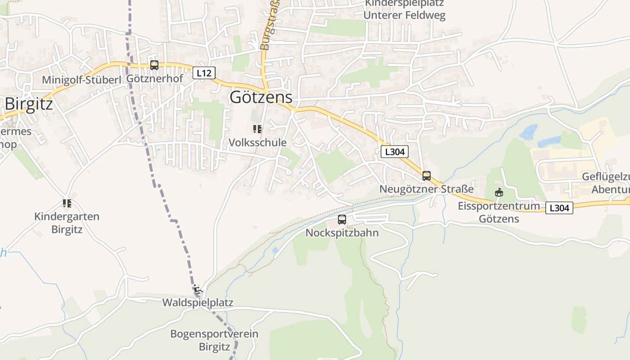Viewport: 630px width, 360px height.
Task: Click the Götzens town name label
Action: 261,97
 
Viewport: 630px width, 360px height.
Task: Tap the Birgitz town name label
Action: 29,104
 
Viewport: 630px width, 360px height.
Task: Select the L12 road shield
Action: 204,72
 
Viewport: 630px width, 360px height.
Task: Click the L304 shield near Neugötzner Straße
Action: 395,152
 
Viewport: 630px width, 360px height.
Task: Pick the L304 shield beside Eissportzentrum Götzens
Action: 559,208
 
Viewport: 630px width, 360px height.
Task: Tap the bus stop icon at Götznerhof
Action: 154,65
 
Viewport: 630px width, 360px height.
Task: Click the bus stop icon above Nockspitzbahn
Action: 342,220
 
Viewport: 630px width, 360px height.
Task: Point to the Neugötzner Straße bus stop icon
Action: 426,176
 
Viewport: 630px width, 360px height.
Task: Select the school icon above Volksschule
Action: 257,130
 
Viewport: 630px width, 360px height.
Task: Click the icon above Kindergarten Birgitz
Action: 67,203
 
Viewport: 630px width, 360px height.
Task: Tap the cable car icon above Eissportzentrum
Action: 499,193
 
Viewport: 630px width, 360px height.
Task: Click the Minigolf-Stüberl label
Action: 82,80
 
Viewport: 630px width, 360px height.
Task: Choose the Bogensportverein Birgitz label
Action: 214,341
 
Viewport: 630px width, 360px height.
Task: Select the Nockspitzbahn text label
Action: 342,233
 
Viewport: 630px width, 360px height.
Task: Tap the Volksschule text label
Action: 257,143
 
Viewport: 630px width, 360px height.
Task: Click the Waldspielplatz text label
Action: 198,302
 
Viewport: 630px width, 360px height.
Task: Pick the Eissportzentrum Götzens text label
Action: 499,212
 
